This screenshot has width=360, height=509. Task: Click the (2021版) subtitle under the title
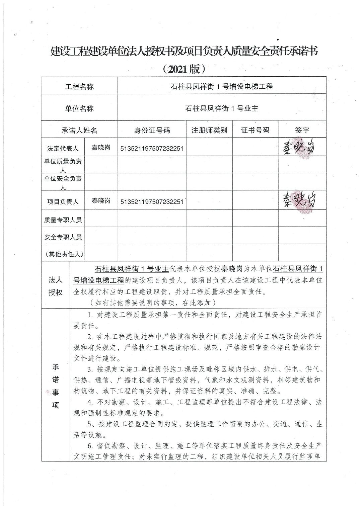pos(183,69)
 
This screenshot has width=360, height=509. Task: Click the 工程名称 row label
pos(79,87)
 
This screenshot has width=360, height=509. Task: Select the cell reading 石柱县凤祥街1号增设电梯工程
pos(222,87)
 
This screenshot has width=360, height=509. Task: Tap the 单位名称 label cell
pos(79,108)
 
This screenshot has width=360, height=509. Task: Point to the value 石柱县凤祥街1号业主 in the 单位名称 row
pos(222,108)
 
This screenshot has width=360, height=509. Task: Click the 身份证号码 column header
pos(152,130)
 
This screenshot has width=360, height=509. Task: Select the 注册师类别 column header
pos(209,130)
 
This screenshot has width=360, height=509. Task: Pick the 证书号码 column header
pos(255,130)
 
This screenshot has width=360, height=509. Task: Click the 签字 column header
pos(302,130)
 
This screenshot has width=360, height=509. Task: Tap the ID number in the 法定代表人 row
pos(152,148)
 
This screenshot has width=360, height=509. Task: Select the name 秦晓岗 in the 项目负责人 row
pos(101,201)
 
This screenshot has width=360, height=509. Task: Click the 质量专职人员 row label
pos(63,220)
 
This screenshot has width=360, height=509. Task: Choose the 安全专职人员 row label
pos(63,237)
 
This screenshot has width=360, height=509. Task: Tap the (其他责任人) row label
pos(63,254)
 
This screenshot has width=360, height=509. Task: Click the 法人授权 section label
pos(56,286)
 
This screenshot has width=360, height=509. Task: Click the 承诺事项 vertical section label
pos(56,386)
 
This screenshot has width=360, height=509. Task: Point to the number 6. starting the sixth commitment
pos(90,446)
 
